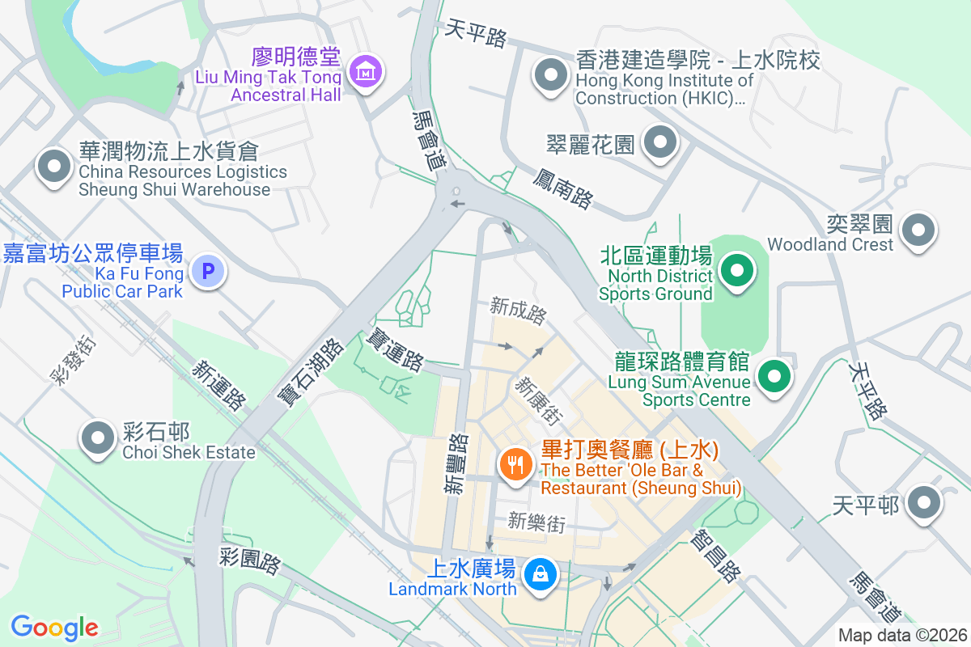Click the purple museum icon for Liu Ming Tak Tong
pyautogui.click(x=367, y=72)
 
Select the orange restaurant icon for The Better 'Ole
pyautogui.click(x=514, y=464)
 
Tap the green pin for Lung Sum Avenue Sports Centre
pyautogui.click(x=774, y=376)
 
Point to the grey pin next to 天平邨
pyautogui.click(x=923, y=503)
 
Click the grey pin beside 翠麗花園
pyautogui.click(x=660, y=143)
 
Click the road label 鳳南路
pyautogui.click(x=564, y=188)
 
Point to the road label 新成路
pyautogui.click(x=518, y=311)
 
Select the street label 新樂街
pyautogui.click(x=536, y=522)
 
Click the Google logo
pyautogui.click(x=55, y=627)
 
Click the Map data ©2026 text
pyautogui.click(x=901, y=636)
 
